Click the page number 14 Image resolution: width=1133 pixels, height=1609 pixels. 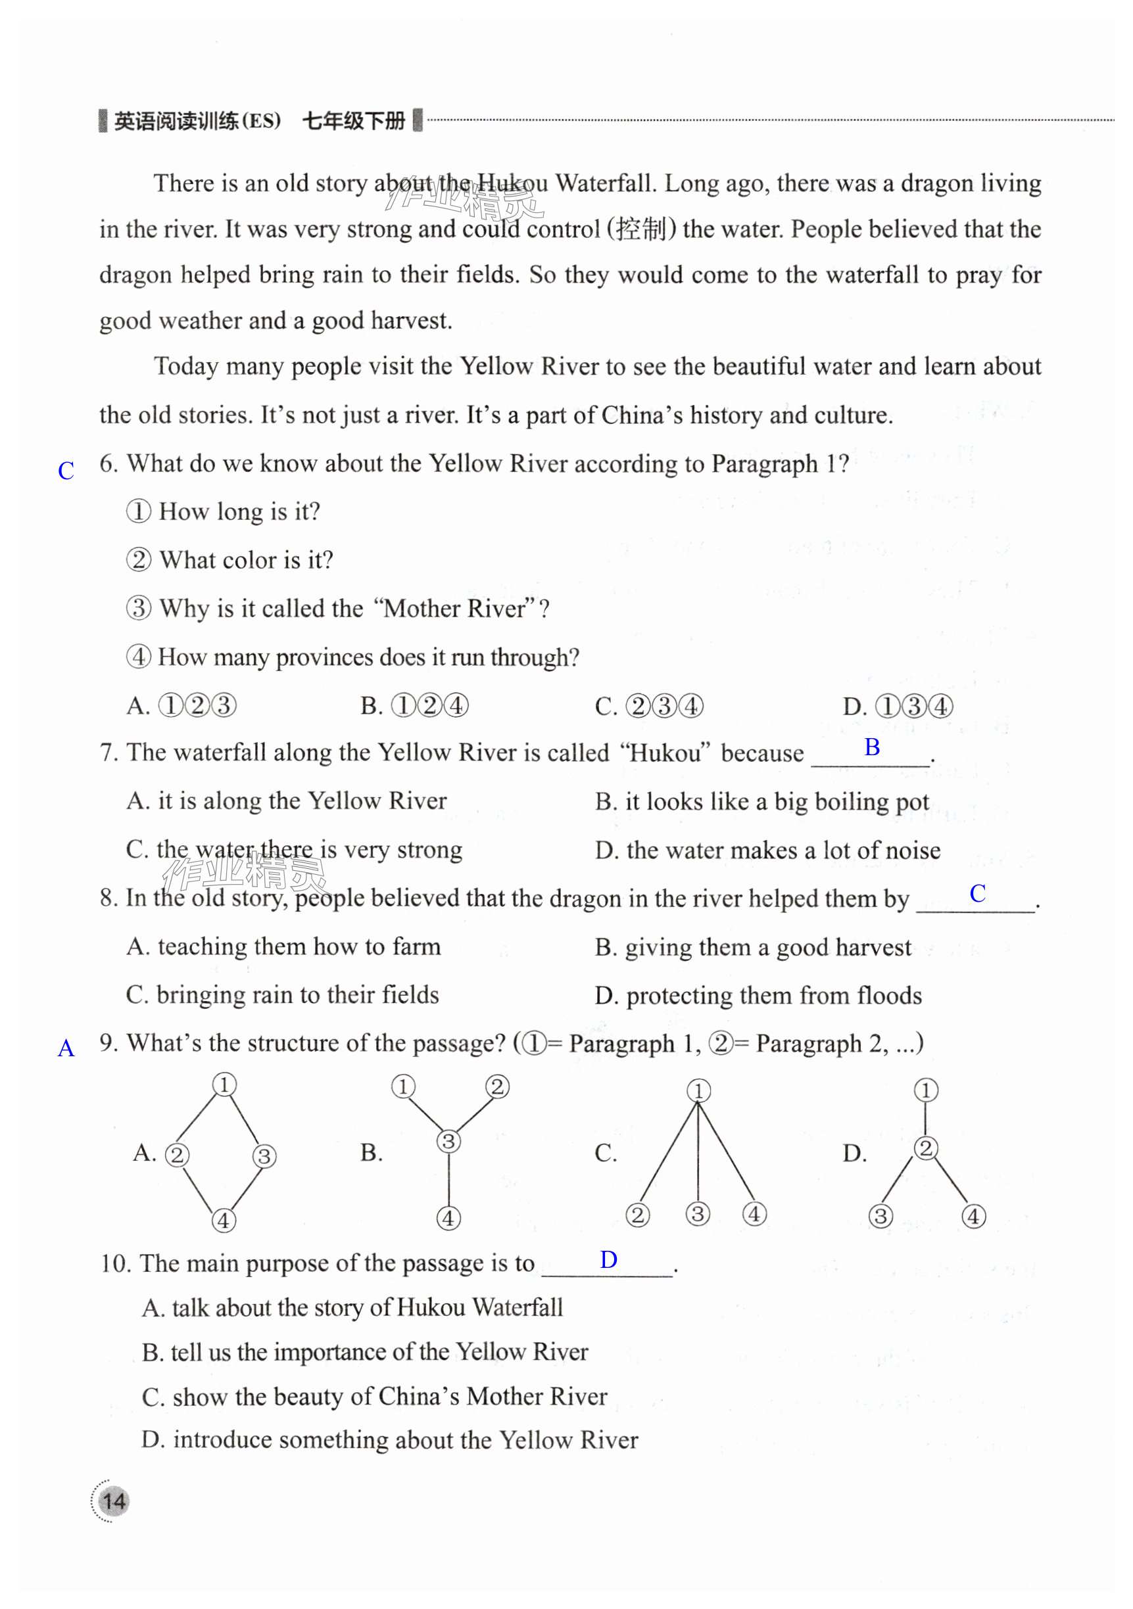click(114, 1501)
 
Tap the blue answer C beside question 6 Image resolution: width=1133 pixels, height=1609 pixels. click(66, 471)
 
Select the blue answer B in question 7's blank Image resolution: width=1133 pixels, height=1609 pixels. click(871, 748)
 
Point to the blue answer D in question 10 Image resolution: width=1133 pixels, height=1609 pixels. click(608, 1260)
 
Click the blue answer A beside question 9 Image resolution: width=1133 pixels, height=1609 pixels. click(66, 1048)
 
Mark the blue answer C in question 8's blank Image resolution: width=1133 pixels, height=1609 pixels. click(977, 893)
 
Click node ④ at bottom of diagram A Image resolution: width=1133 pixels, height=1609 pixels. click(224, 1220)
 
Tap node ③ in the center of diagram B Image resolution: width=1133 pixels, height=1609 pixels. click(448, 1142)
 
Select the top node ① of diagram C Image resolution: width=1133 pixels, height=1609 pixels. click(698, 1090)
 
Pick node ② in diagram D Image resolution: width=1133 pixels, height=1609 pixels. click(925, 1148)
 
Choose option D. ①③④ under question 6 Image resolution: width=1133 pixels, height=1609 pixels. click(898, 706)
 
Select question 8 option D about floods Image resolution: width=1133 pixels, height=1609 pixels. click(758, 996)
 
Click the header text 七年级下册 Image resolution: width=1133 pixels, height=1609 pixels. click(353, 121)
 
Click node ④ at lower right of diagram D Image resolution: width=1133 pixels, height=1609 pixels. click(973, 1216)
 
